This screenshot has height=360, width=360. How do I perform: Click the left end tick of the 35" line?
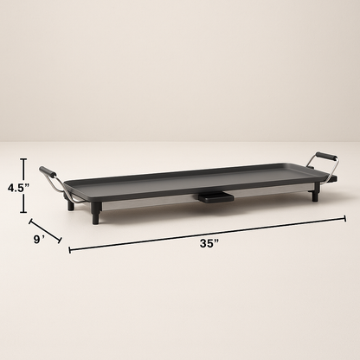tap(70, 250)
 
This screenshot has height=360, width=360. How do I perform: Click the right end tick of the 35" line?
tap(345, 217)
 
